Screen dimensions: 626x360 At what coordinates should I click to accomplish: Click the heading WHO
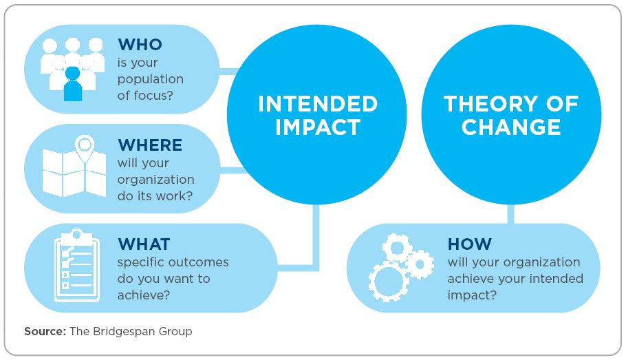(140, 44)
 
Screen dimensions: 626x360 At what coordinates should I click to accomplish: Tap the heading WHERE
(150, 145)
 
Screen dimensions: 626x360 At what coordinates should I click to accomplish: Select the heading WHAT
(144, 244)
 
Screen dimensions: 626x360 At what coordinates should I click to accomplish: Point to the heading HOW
(469, 244)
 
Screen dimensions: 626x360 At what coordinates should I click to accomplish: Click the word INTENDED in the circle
(318, 104)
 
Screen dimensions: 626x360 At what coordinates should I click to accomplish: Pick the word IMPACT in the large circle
(318, 127)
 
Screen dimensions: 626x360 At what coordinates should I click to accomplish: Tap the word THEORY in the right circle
(490, 104)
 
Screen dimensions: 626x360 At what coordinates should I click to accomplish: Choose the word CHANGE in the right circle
(511, 127)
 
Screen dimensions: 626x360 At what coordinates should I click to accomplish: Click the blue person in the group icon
(73, 84)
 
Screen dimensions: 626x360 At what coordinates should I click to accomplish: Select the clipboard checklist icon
(76, 265)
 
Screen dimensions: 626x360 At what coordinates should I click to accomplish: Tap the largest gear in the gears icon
(388, 282)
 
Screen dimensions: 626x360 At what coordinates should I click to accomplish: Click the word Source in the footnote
(45, 331)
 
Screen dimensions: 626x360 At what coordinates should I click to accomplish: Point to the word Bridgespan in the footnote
(124, 332)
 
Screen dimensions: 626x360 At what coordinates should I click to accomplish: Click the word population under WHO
(151, 80)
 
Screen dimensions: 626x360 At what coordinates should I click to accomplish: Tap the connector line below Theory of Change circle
(510, 214)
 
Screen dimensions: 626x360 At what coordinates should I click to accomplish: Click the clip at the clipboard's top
(76, 235)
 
